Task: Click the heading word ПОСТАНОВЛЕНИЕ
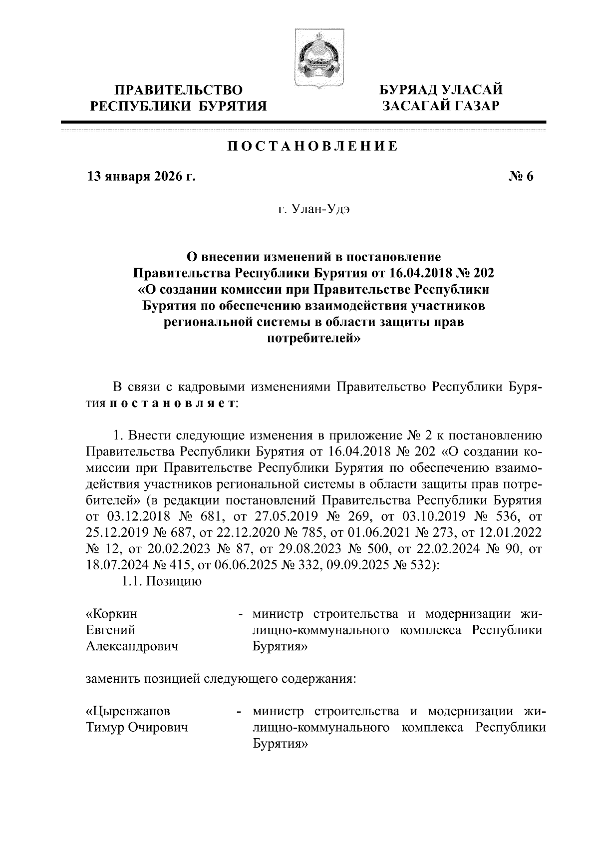click(313, 146)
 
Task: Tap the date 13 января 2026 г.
click(141, 177)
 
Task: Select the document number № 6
click(521, 177)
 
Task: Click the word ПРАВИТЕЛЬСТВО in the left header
click(179, 90)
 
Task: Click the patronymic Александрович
click(132, 647)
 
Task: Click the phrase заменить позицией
click(146, 679)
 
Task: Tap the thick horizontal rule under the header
click(303, 122)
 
